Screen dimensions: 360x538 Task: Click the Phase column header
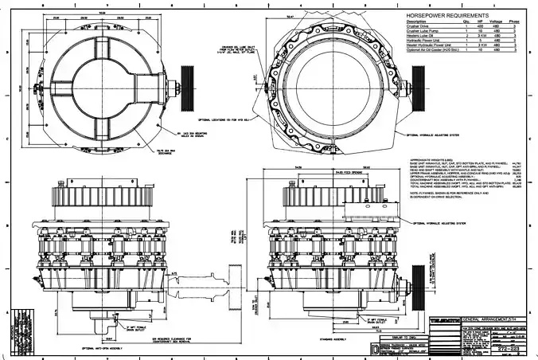tap(516, 22)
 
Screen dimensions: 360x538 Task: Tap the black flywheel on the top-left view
tap(188, 80)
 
